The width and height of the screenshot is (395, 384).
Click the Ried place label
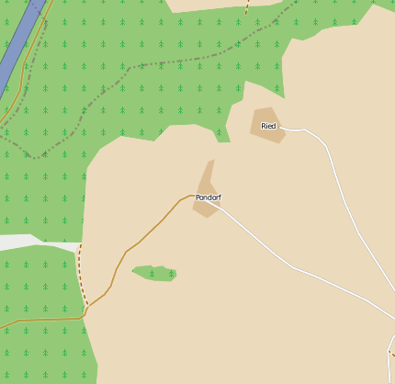[x=268, y=126]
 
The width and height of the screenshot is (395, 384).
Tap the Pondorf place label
[x=209, y=198]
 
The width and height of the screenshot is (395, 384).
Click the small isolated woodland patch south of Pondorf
[x=156, y=273]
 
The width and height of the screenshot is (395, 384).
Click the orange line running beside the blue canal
[x=37, y=51]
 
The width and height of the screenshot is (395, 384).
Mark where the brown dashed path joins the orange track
[x=87, y=307]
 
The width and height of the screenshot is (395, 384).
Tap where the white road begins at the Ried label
[x=279, y=127]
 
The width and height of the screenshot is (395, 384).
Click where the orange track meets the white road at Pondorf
[x=194, y=196]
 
